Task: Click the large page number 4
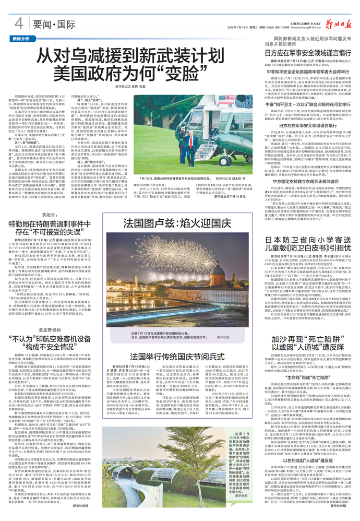[18, 23]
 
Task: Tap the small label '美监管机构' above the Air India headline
[50, 329]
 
